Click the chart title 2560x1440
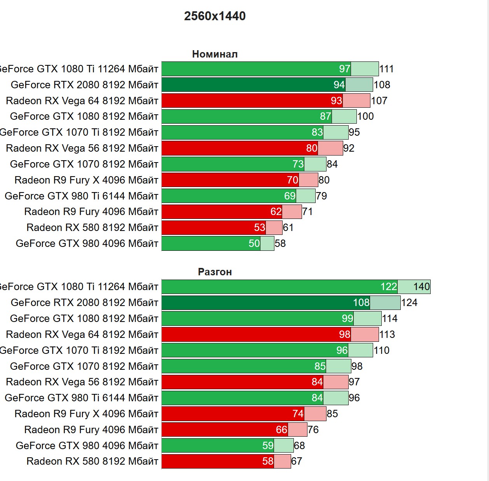(215, 16)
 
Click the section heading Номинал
(215, 54)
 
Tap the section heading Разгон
(215, 272)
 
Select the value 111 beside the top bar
(386, 69)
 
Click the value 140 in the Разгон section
(421, 287)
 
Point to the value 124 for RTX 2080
(409, 303)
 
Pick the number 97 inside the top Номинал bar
(344, 69)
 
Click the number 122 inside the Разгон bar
(388, 287)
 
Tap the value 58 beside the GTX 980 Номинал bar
(280, 243)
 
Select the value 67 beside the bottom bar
(297, 461)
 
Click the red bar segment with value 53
(214, 227)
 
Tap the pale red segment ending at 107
(357, 101)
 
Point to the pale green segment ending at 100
(344, 116)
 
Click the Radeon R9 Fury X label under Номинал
(86, 180)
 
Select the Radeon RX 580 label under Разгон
(92, 461)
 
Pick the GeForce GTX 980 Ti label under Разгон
(81, 398)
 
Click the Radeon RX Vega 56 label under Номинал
(82, 148)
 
